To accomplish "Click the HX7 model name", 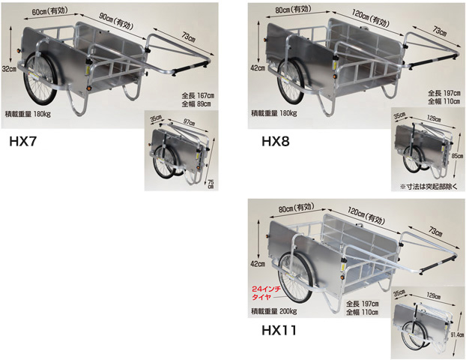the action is pos(22,141).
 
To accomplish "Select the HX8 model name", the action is pos(276,141).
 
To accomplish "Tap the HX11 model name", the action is pos(279,330).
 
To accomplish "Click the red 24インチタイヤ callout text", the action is pos(262,293).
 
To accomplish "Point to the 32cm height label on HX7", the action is pos(9,69).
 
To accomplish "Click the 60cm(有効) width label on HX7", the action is pos(50,12).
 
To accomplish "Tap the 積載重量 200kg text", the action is pos(273,311).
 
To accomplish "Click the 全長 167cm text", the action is pos(198,96).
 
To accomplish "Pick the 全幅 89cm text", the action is pos(196,103).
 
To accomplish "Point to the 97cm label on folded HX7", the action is pos(189,121).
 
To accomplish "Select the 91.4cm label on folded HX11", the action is pos(459,334).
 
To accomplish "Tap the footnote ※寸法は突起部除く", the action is pos(429,187).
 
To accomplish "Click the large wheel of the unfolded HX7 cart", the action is pos(40,79).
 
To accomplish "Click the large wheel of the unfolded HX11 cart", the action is pos(296,277).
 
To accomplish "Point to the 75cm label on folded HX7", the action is pos(211,184).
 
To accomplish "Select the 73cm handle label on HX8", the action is pos(439,31).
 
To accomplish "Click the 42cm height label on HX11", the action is pos(258,263).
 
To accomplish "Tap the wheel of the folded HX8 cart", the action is pos(413,160).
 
